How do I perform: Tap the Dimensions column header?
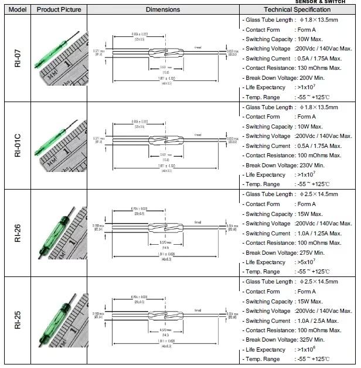coord(163,9)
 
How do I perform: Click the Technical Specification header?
coord(297,9)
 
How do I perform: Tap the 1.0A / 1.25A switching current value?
coord(318,233)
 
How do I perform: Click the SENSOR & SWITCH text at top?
coord(329,2)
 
